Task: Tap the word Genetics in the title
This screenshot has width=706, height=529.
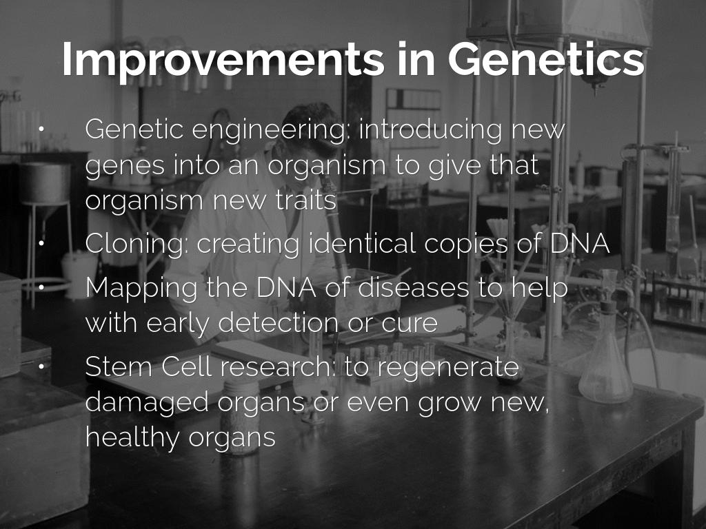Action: tap(546, 59)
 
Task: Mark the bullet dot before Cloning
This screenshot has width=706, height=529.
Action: tap(41, 243)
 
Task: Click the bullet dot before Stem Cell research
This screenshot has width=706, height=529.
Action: tap(41, 366)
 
